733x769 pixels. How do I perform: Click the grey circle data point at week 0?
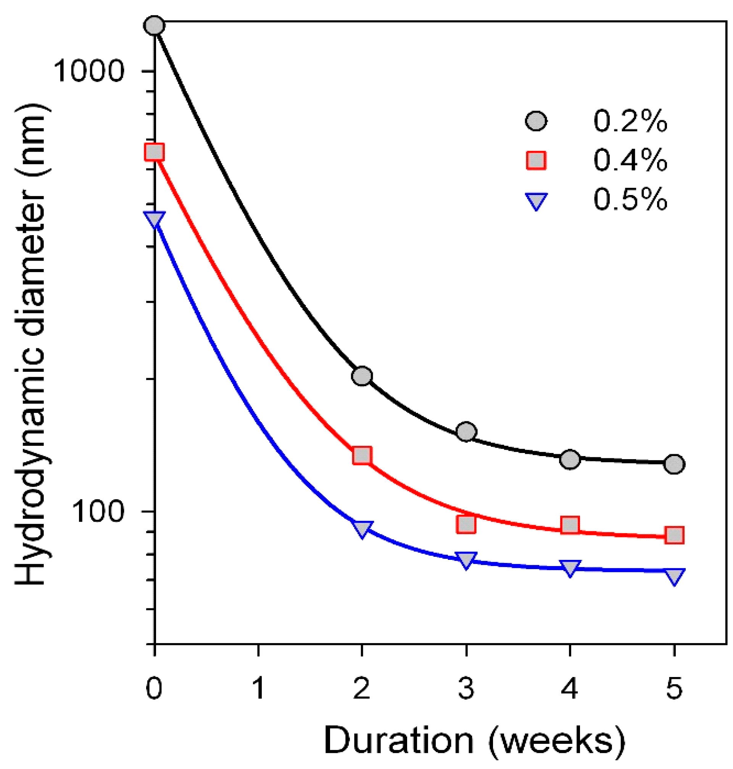pos(155,26)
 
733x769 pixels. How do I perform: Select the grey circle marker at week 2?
pos(362,376)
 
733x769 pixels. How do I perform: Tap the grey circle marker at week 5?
pos(674,464)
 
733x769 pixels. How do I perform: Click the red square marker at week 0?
pos(154,152)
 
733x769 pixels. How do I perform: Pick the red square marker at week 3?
pos(466,524)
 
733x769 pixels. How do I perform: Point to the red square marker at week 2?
pos(362,455)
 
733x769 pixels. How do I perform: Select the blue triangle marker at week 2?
pos(362,529)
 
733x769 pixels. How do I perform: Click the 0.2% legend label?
pos(630,122)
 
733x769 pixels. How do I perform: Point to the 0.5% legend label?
pos(630,200)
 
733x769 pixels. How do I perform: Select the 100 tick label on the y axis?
pos(98,511)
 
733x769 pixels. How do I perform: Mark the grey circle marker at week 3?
pos(466,431)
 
